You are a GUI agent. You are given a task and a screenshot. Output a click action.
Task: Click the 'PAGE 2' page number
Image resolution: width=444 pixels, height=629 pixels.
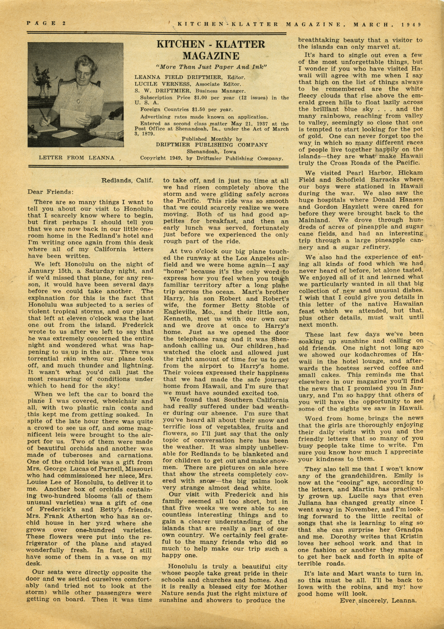click(46, 23)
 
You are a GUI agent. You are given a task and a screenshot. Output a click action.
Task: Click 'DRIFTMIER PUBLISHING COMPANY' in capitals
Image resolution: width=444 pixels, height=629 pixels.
click(212, 145)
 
